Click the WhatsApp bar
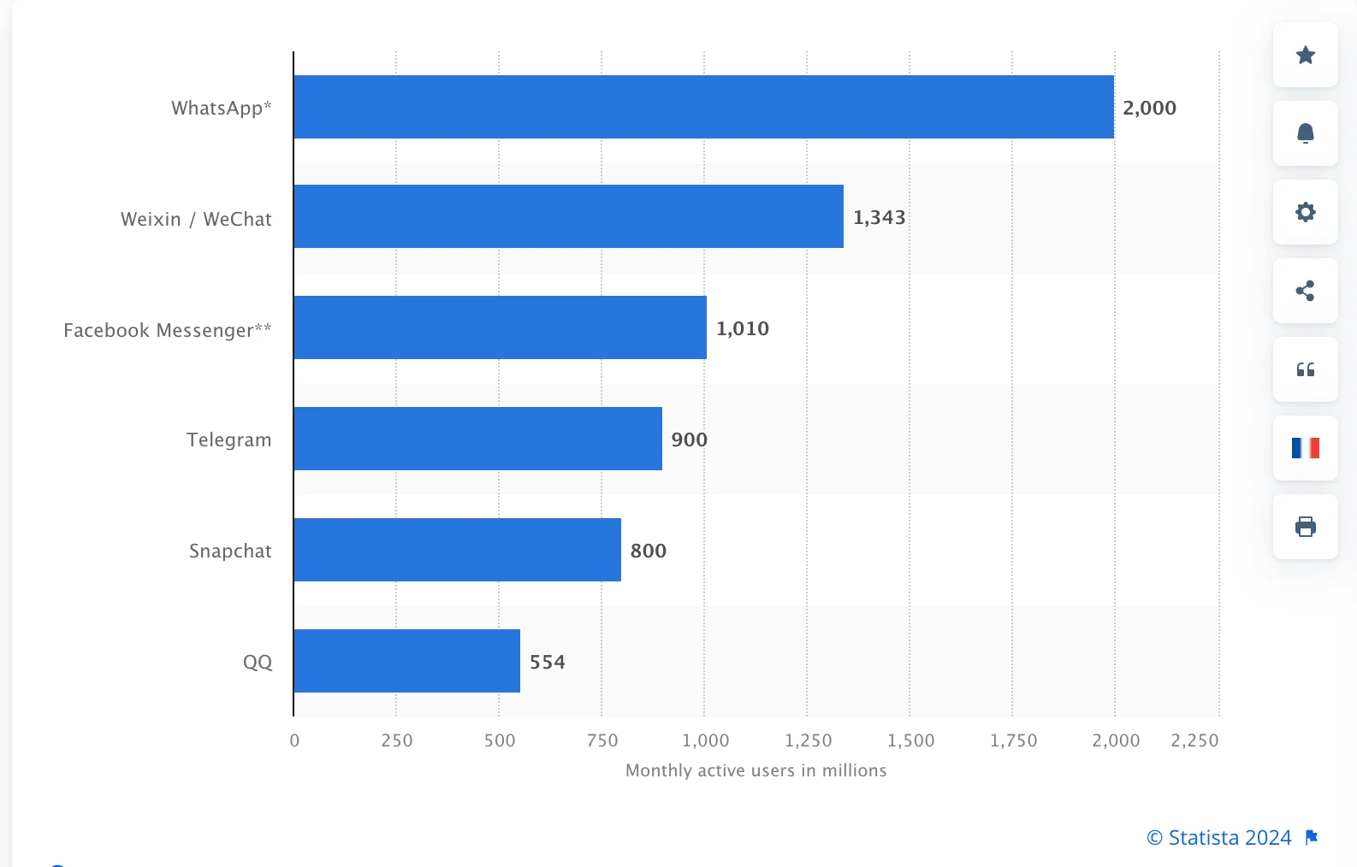(703, 107)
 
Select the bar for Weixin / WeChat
(568, 216)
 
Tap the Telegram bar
(477, 439)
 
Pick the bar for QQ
(406, 661)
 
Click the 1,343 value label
(879, 217)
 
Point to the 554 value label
(547, 662)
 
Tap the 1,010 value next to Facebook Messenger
(742, 328)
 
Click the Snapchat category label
(230, 551)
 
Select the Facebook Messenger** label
(168, 330)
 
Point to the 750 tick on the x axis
(602, 740)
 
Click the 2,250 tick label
(1194, 740)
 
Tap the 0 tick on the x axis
(294, 740)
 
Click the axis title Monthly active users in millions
(756, 770)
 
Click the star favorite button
(1305, 56)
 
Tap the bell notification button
(1305, 133)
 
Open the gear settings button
(1305, 212)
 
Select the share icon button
(1305, 291)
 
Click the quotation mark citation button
(1305, 369)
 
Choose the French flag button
(1305, 448)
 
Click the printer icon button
(1305, 527)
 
